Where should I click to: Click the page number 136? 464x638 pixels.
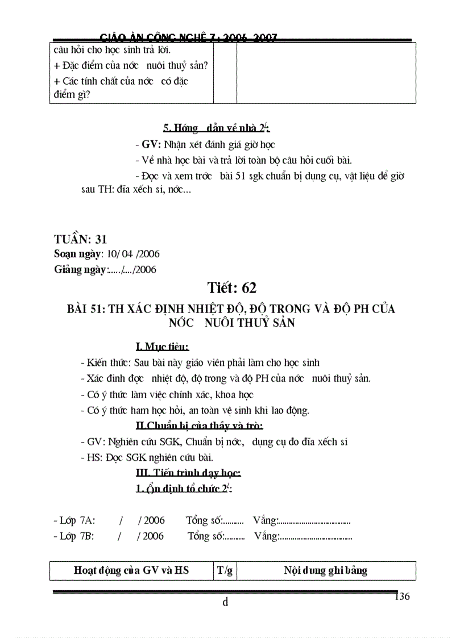402,596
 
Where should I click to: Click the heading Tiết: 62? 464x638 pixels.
231,288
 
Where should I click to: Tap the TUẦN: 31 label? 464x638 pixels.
80,239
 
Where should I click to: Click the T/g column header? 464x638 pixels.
225,571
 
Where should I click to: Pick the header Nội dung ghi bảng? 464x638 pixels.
326,571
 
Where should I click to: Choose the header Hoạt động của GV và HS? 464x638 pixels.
131,571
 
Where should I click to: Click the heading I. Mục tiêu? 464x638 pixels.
162,347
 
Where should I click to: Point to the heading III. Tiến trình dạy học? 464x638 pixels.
188,473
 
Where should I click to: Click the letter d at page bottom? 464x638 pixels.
225,603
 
